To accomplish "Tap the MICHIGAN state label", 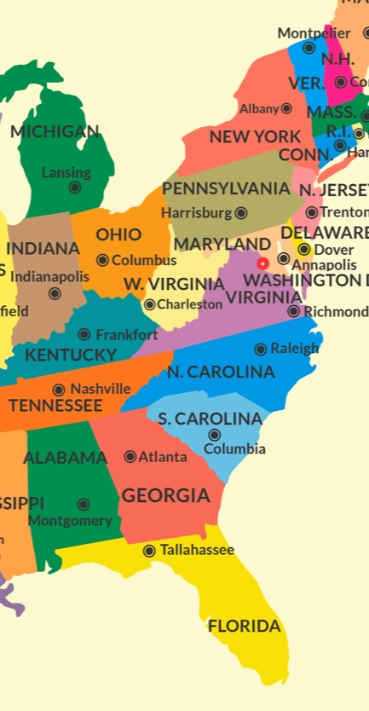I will click(x=55, y=131).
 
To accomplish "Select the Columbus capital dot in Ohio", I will click(x=102, y=260).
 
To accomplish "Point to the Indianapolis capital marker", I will click(x=55, y=293).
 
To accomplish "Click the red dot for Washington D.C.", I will click(x=262, y=263).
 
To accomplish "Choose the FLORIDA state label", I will click(x=244, y=626).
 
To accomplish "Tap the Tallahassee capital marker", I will click(x=149, y=551).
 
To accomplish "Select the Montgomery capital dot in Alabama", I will click(x=84, y=505).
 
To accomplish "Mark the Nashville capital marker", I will click(x=59, y=390).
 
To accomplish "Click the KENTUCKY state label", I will click(x=71, y=355).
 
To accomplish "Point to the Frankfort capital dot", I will click(x=84, y=335).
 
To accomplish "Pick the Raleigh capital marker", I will click(x=261, y=349).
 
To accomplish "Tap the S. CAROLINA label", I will click(x=210, y=419).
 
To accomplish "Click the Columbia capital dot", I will click(x=215, y=435).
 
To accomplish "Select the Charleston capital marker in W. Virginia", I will click(x=150, y=304).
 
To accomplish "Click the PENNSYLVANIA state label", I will click(x=226, y=188).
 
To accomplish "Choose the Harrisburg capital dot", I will click(x=241, y=213).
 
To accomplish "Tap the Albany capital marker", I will click(x=286, y=108).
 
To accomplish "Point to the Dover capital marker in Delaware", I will click(x=303, y=249).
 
